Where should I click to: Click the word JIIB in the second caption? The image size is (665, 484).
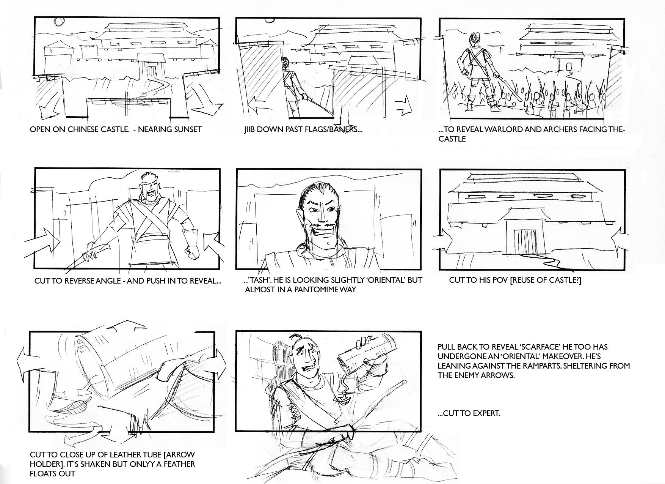[x=252, y=129]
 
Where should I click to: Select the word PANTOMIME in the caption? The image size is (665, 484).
[x=320, y=290]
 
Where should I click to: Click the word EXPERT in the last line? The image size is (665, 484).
[x=486, y=413]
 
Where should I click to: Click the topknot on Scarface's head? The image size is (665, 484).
[x=296, y=337]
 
